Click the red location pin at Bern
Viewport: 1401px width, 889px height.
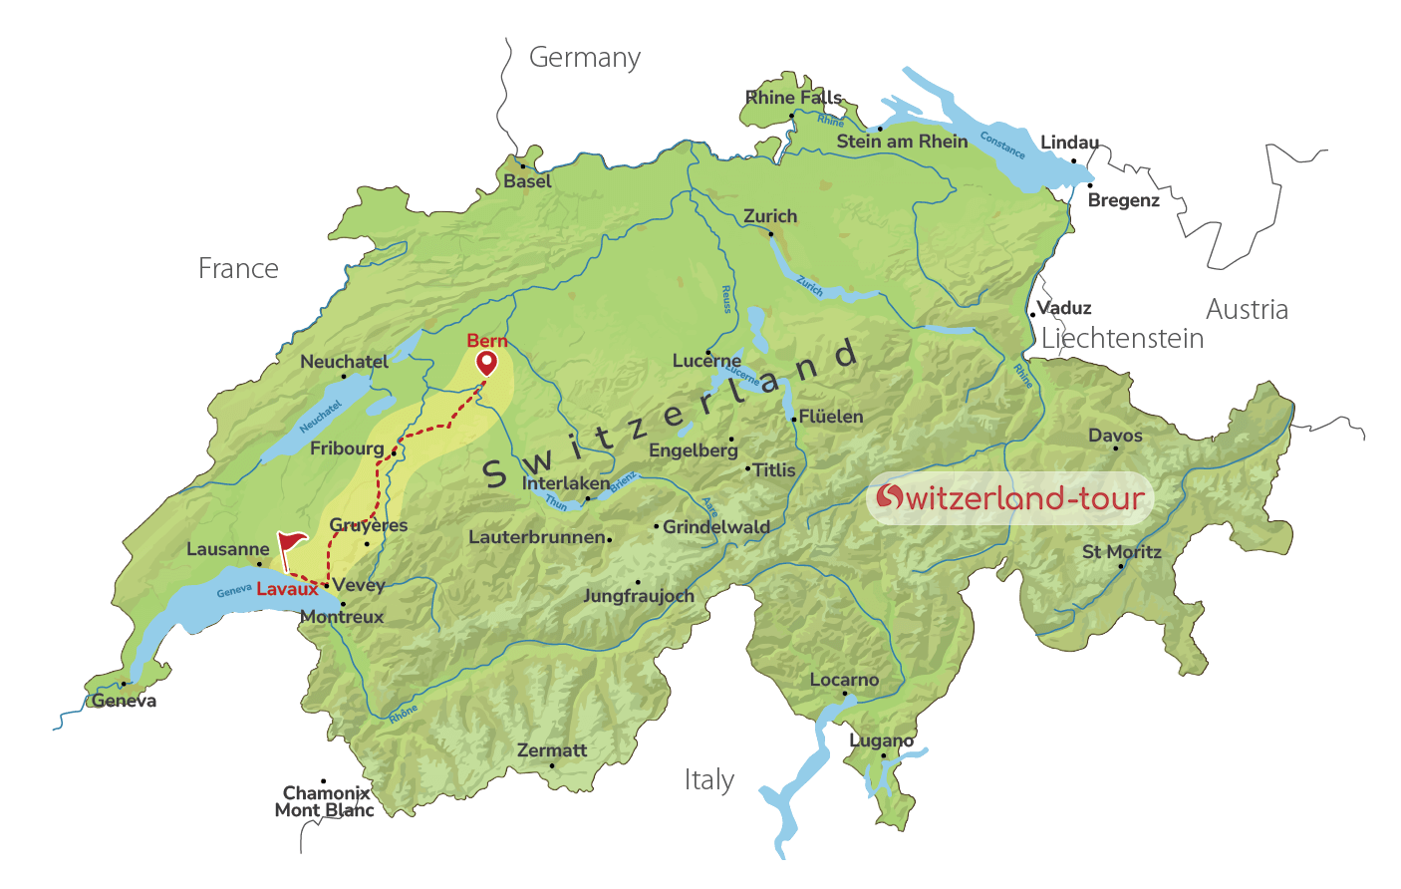(486, 363)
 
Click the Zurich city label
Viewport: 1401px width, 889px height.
(770, 216)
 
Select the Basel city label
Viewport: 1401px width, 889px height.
(527, 181)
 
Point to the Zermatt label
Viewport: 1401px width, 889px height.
(552, 750)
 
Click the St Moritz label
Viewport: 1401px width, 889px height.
(1122, 552)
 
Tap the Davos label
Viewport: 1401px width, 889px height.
(1115, 436)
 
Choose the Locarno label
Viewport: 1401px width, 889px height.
(844, 680)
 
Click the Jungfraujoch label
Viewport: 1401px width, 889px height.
(639, 596)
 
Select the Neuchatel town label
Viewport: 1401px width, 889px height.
(345, 362)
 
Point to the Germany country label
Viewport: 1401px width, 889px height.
(585, 59)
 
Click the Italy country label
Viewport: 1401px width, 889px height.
(709, 779)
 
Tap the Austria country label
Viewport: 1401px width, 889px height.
(1247, 310)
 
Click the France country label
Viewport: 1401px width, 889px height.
(238, 269)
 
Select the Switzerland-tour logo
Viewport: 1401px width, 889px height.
(1009, 497)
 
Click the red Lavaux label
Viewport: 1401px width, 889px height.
(287, 589)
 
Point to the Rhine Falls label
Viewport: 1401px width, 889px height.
(794, 97)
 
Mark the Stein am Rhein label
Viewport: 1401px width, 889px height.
(902, 142)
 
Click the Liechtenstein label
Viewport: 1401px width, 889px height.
(1122, 339)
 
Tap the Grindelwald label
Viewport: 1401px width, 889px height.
(716, 527)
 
